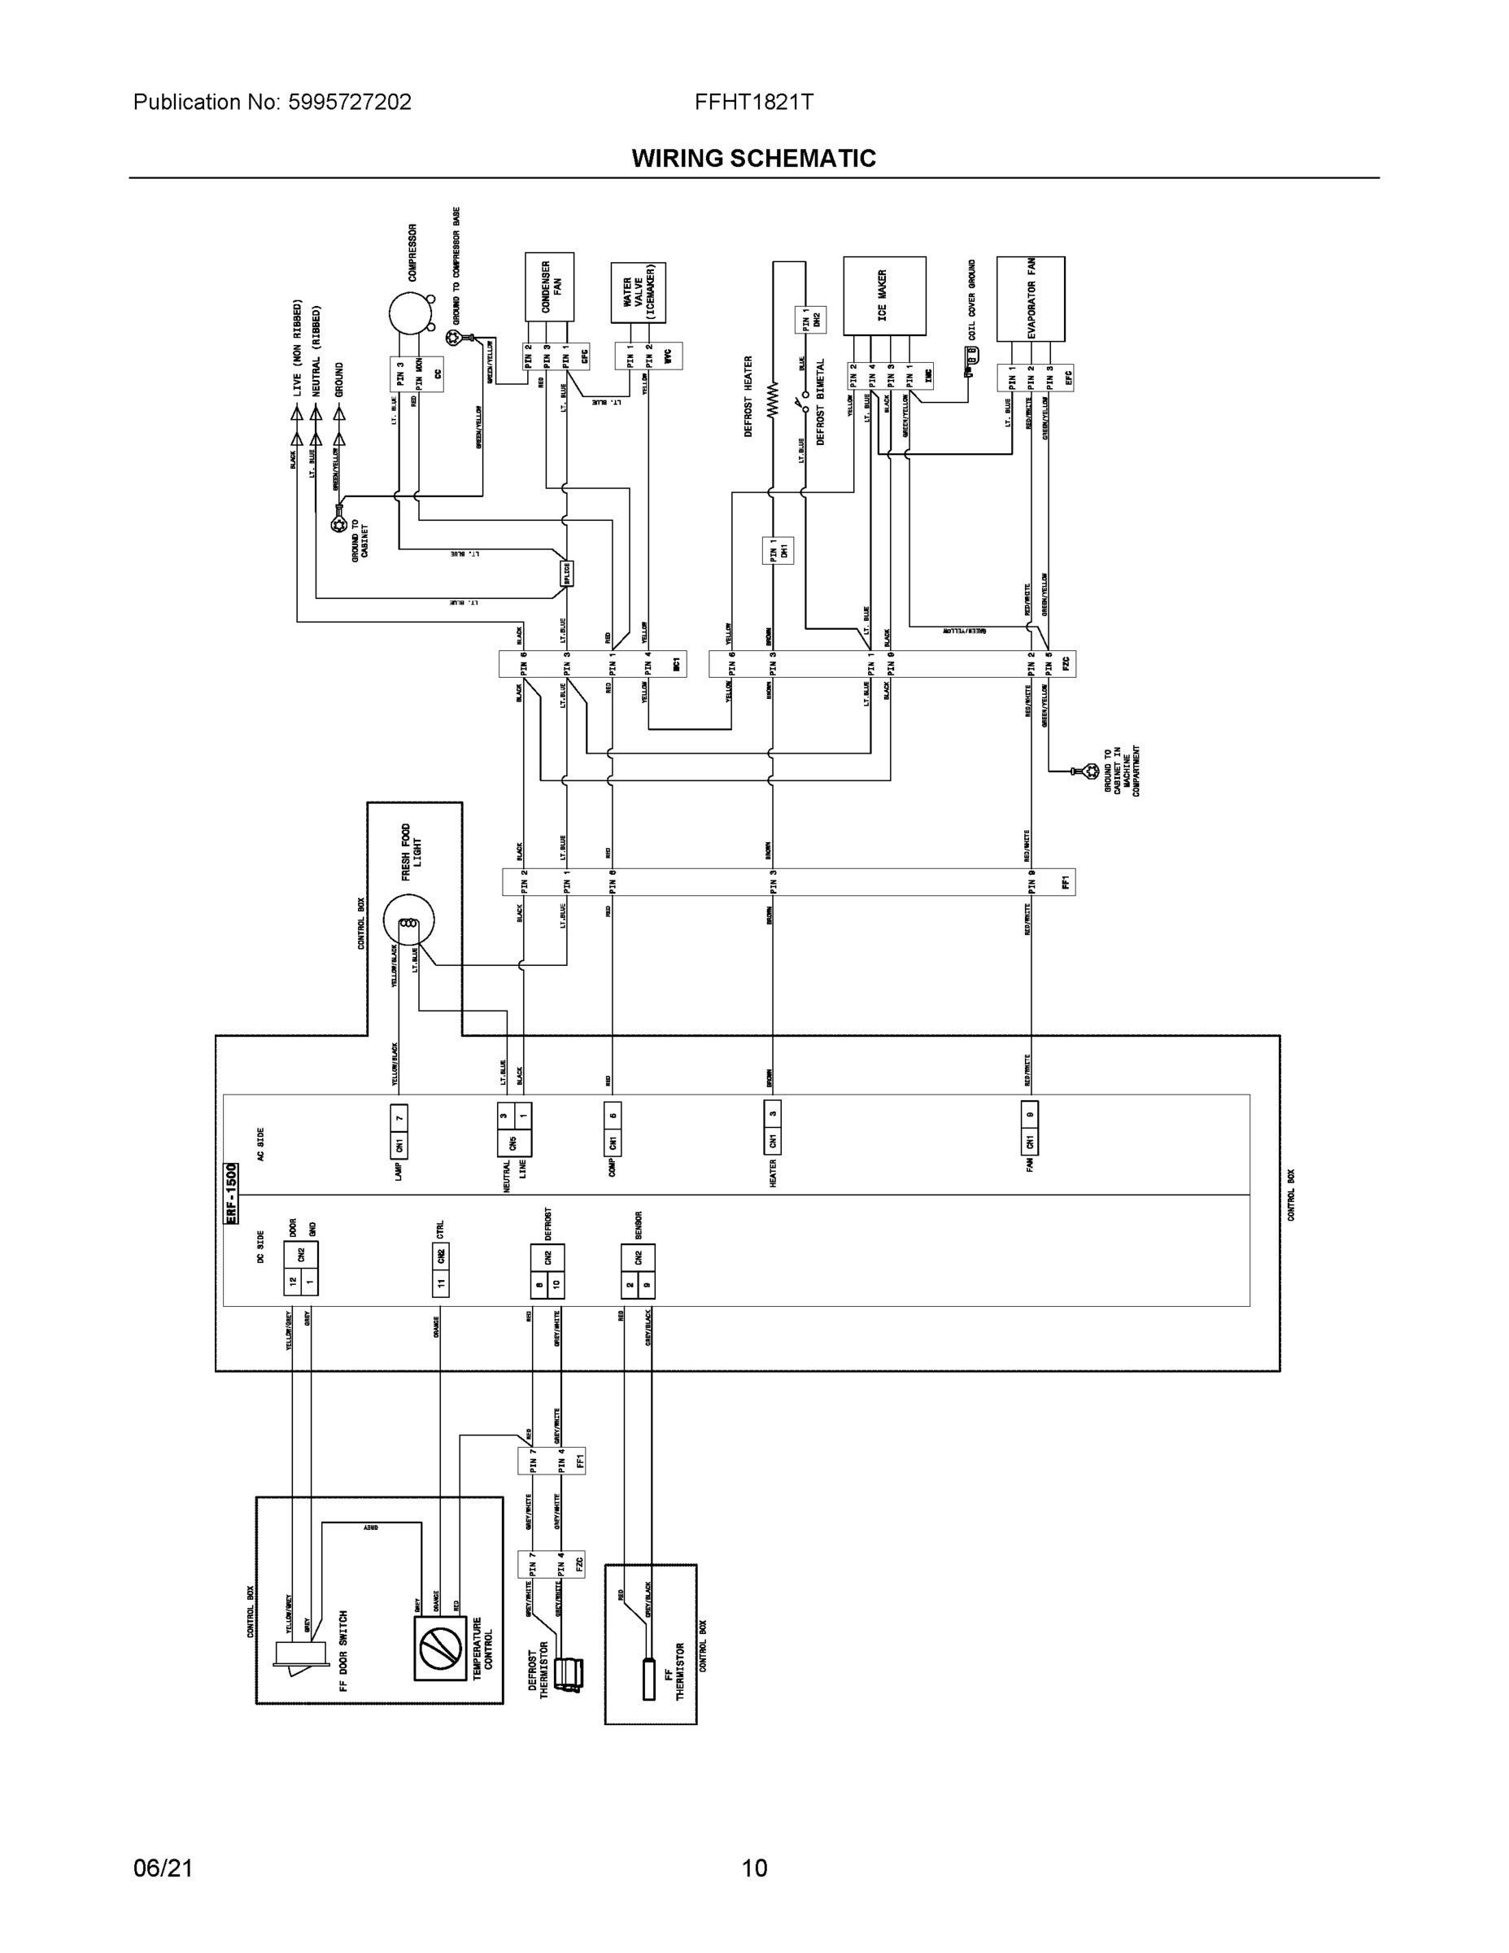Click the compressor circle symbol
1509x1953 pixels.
(x=409, y=315)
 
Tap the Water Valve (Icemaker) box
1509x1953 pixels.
(x=639, y=292)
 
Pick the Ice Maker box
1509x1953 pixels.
(x=884, y=296)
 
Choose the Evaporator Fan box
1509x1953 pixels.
(x=1030, y=298)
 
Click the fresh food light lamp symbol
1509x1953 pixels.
(x=408, y=922)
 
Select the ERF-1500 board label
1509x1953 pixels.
(x=231, y=1193)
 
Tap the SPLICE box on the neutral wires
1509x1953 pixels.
(x=567, y=573)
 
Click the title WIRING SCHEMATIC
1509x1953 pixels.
(x=753, y=159)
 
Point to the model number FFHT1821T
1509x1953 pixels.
(x=753, y=102)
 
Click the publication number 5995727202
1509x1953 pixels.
(x=350, y=102)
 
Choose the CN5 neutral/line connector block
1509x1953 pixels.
(x=514, y=1129)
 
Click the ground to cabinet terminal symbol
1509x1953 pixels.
(x=338, y=525)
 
